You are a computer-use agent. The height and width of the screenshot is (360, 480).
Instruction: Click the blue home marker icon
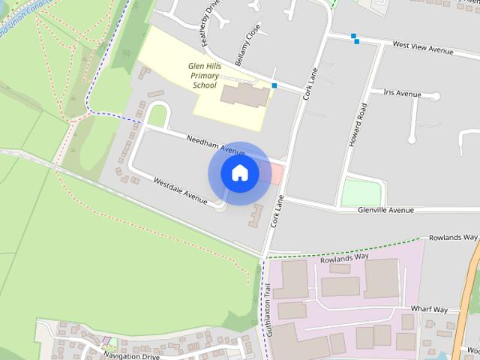tap(239, 173)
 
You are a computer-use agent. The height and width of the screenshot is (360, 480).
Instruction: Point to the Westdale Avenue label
tap(180, 190)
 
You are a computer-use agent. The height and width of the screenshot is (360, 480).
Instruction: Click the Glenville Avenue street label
tap(385, 210)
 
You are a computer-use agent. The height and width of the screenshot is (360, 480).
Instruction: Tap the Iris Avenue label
tap(401, 94)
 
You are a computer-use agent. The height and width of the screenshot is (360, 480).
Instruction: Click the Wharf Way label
tap(429, 309)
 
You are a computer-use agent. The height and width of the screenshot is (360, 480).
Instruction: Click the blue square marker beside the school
tap(274, 86)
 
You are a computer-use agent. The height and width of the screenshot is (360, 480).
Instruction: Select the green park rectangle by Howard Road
tap(361, 192)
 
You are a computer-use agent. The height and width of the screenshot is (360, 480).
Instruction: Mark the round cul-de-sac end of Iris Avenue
tap(411, 139)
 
